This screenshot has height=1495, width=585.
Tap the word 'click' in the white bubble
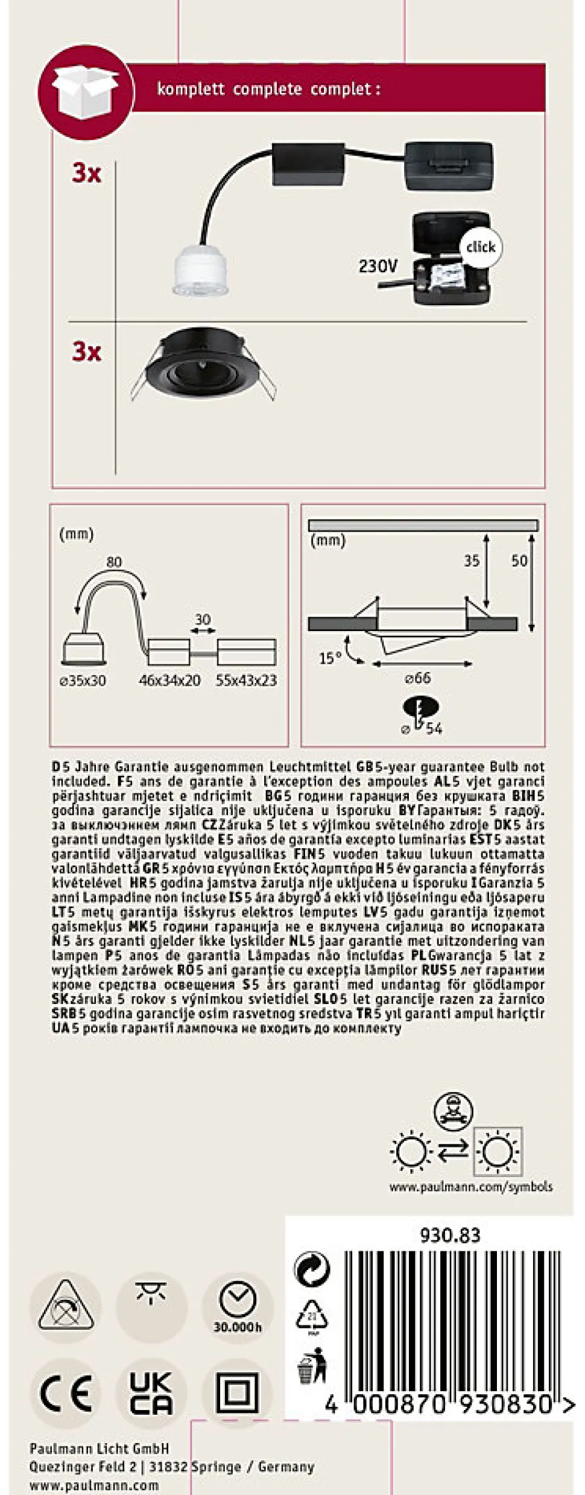pos(480,247)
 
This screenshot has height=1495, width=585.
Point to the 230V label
pos(378,265)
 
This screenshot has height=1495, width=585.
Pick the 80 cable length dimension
pos(114,562)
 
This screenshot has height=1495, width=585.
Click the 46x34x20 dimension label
pos(169,681)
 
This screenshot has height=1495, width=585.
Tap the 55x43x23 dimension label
pos(246,681)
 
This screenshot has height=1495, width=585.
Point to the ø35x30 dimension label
pos(83,681)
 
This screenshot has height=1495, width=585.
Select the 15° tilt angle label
pos(330,658)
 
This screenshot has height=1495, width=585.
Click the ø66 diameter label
pos(417,678)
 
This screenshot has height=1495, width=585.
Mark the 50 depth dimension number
pos(519,560)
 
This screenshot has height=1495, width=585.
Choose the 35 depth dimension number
pos(472,560)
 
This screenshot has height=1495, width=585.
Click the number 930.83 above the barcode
pos(450,1236)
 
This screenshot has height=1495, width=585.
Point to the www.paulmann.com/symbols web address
pos(470,1187)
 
